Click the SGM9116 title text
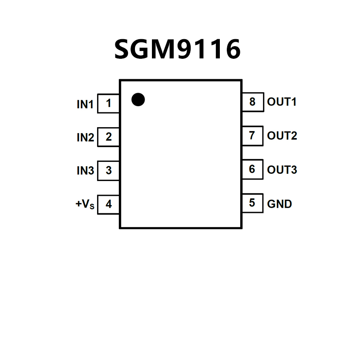[x=177, y=49]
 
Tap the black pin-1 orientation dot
[x=138, y=100]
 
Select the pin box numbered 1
[x=108, y=104]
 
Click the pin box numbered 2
[x=108, y=137]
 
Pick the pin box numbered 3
[x=108, y=170]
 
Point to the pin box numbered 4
[x=108, y=204]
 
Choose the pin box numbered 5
[x=252, y=203]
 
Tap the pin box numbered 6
[x=252, y=169]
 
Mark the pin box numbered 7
[x=252, y=135]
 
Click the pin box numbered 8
[x=252, y=102]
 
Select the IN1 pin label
[x=85, y=104]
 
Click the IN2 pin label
[x=85, y=138]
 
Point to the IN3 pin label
[x=85, y=171]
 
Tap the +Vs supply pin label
[x=85, y=204]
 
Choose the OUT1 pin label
[x=282, y=102]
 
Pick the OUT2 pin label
[x=282, y=136]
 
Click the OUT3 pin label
[x=282, y=169]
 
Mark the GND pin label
[x=279, y=203]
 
